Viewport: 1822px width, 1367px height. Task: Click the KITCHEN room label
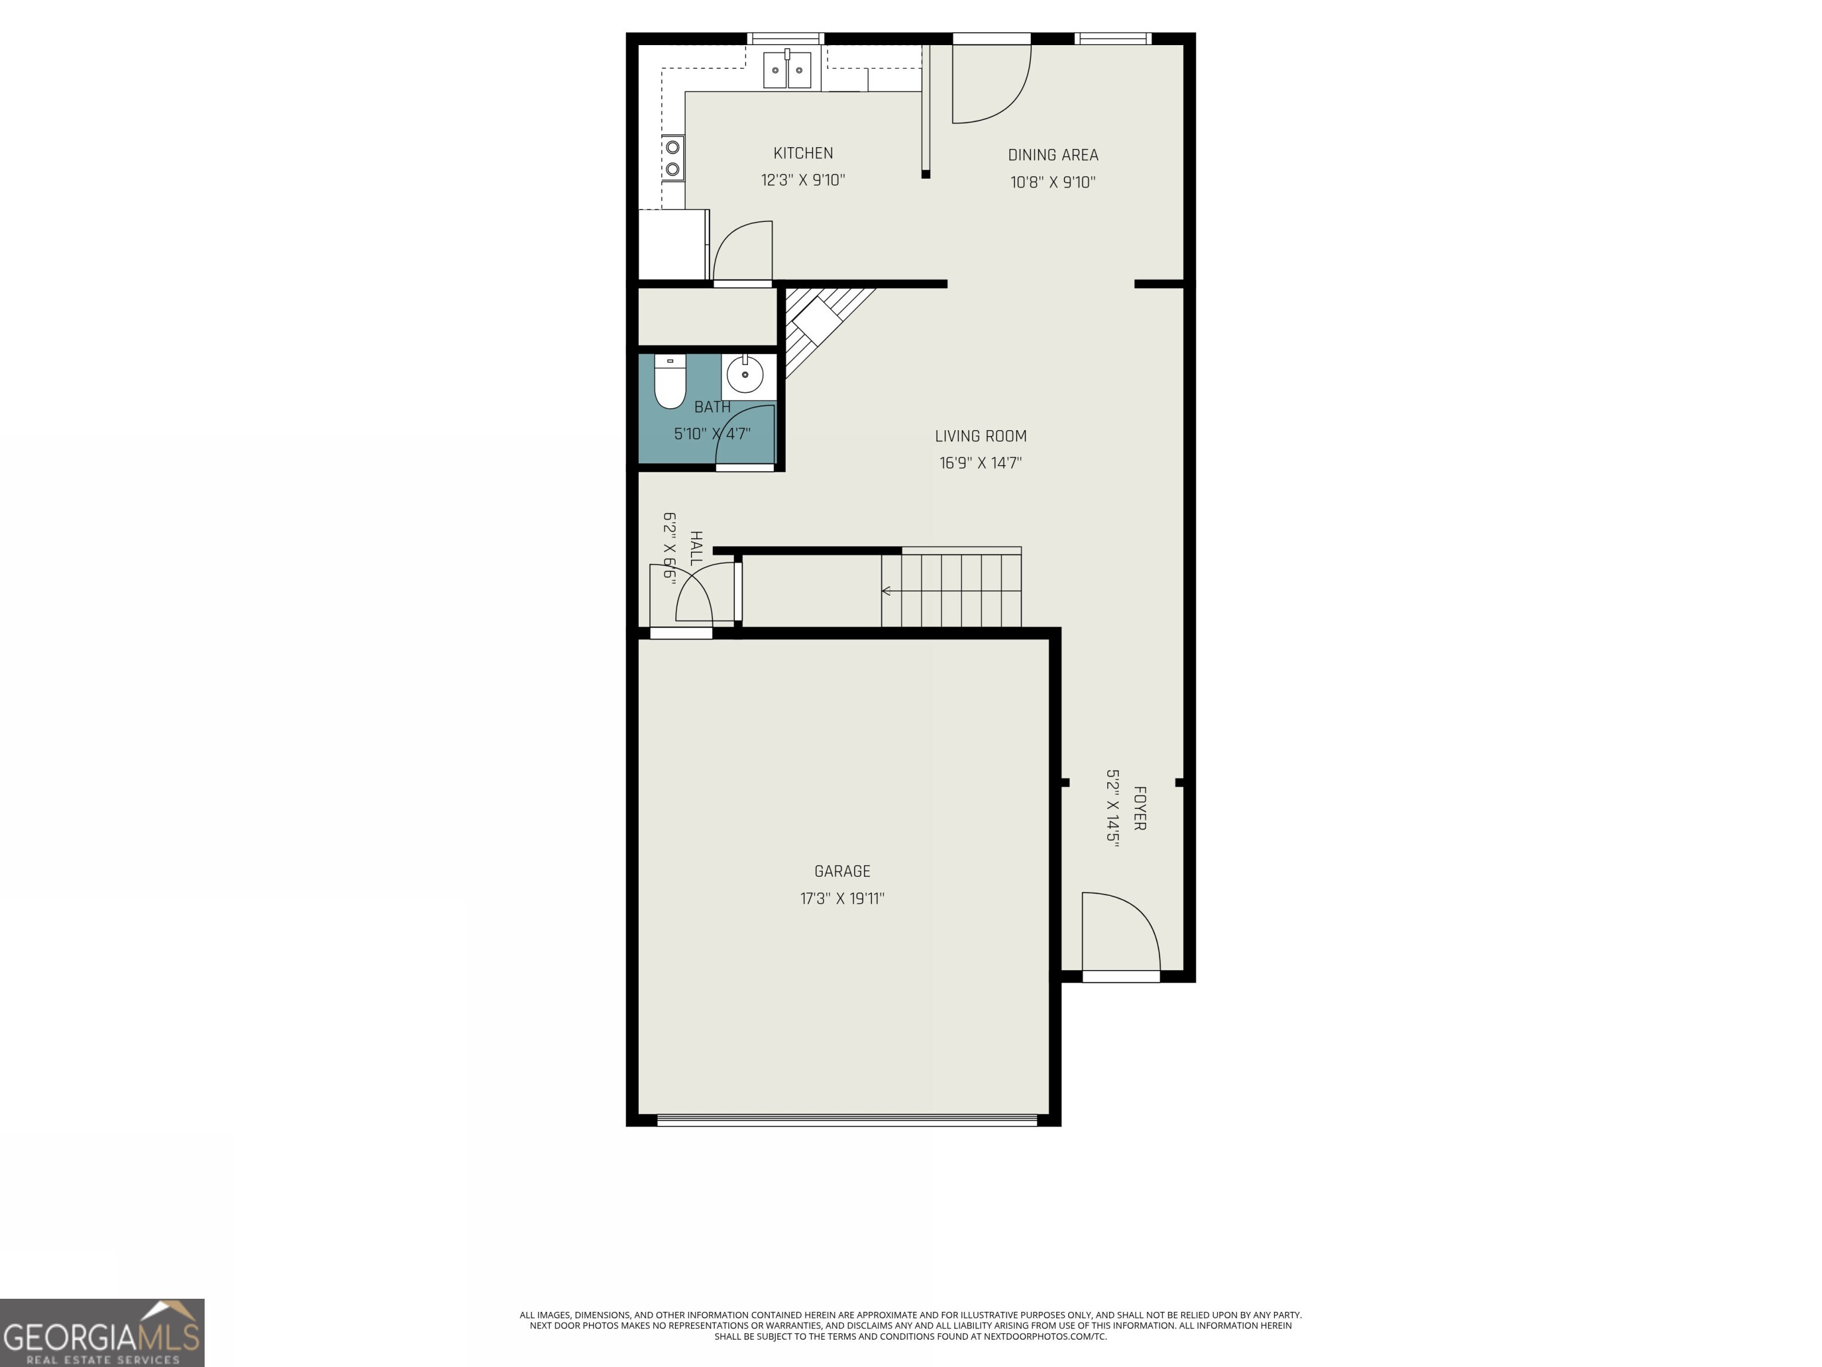[x=802, y=153]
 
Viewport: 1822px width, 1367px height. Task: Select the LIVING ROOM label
[x=980, y=436]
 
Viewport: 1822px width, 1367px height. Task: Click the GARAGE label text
[x=842, y=871]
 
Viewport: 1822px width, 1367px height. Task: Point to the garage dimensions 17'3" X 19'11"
[x=842, y=898]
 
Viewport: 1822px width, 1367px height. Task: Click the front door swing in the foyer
[x=1120, y=931]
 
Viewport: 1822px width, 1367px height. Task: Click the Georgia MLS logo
[x=101, y=1333]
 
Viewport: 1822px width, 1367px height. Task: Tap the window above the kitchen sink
[x=785, y=38]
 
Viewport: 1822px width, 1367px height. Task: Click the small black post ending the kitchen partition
[x=926, y=174]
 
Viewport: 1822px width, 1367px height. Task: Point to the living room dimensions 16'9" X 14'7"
[x=980, y=463]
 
